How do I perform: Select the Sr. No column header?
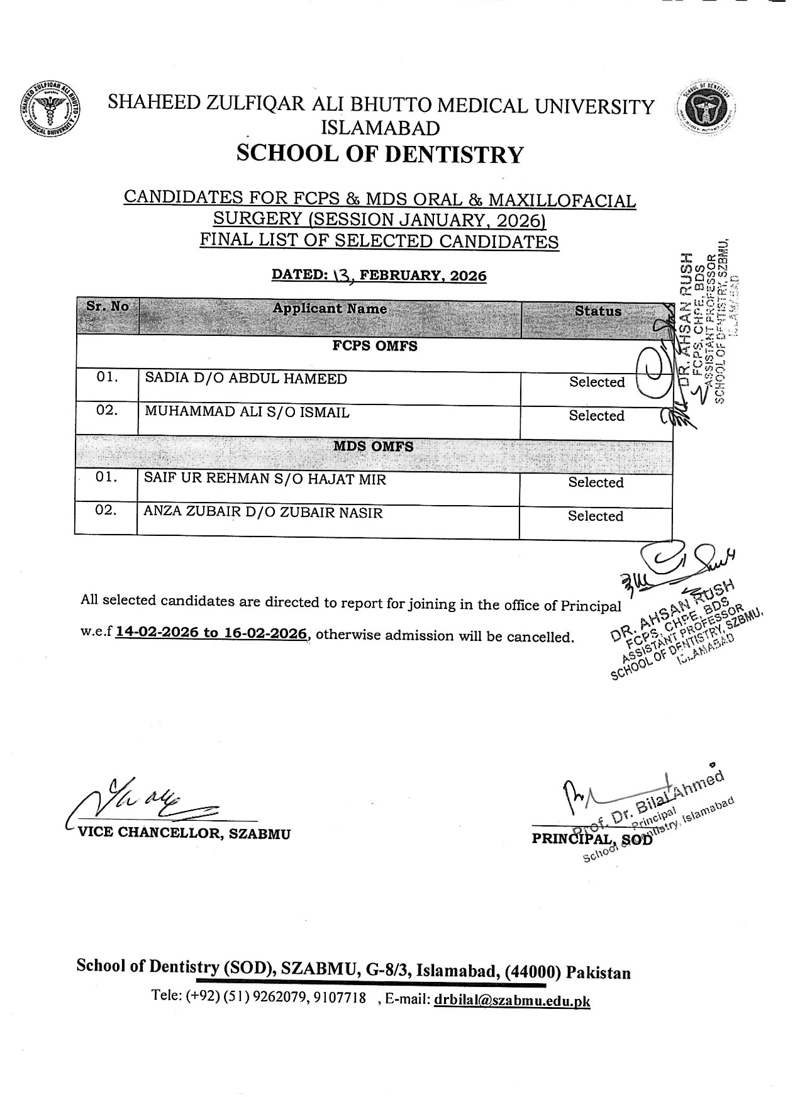[x=108, y=307]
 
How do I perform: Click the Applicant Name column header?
[x=330, y=309]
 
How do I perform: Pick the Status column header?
[x=598, y=311]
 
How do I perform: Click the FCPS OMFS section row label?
[x=374, y=346]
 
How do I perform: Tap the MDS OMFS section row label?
[x=374, y=447]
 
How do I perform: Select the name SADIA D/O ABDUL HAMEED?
[x=246, y=379]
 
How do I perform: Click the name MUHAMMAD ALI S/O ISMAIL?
[x=247, y=413]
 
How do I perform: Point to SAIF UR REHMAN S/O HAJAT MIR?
[x=265, y=479]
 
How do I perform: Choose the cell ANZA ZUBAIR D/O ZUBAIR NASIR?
[x=263, y=513]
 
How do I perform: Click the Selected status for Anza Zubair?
[x=596, y=516]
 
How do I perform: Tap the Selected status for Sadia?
[x=597, y=382]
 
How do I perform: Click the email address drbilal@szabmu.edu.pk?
[x=512, y=1001]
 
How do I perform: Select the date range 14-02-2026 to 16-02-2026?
[x=211, y=633]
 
